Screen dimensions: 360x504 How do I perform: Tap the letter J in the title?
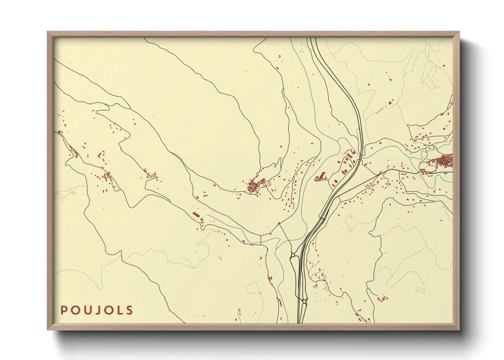(x=97, y=310)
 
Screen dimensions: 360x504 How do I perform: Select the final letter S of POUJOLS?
(x=129, y=310)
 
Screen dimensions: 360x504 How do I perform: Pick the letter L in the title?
(x=119, y=310)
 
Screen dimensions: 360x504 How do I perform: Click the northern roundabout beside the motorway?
(x=293, y=255)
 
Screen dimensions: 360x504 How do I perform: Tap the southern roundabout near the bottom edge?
(x=304, y=301)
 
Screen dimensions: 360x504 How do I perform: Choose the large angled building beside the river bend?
(x=320, y=176)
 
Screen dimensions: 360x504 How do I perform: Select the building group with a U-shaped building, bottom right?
(x=383, y=299)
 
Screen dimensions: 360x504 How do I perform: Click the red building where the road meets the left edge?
(x=60, y=132)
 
